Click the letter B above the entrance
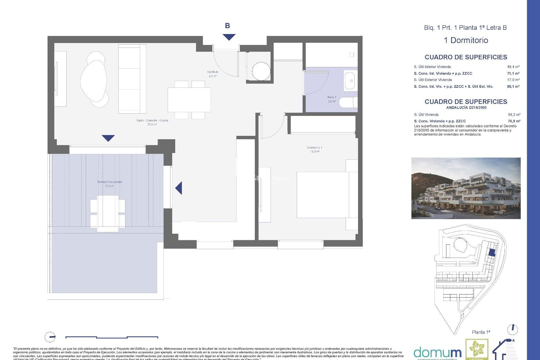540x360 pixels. pos(227,26)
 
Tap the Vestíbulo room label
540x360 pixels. pos(213,74)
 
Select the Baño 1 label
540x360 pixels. pos(332,99)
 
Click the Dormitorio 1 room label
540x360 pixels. pos(314,149)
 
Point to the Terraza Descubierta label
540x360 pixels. pos(109,184)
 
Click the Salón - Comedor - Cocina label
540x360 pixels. pos(152,122)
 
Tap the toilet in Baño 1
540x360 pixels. pos(348,102)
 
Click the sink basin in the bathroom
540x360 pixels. pos(350,81)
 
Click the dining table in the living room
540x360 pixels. pos(189,100)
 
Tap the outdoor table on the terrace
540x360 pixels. pos(108,213)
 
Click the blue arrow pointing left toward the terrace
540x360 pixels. pos(179,188)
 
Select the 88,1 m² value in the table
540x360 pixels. pos(513,87)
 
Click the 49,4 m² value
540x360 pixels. pos(513,67)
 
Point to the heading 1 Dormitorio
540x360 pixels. pos(466,40)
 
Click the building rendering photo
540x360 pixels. pos(466,188)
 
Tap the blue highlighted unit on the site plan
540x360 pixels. pos(491,252)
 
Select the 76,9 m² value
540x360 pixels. pos(514,121)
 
